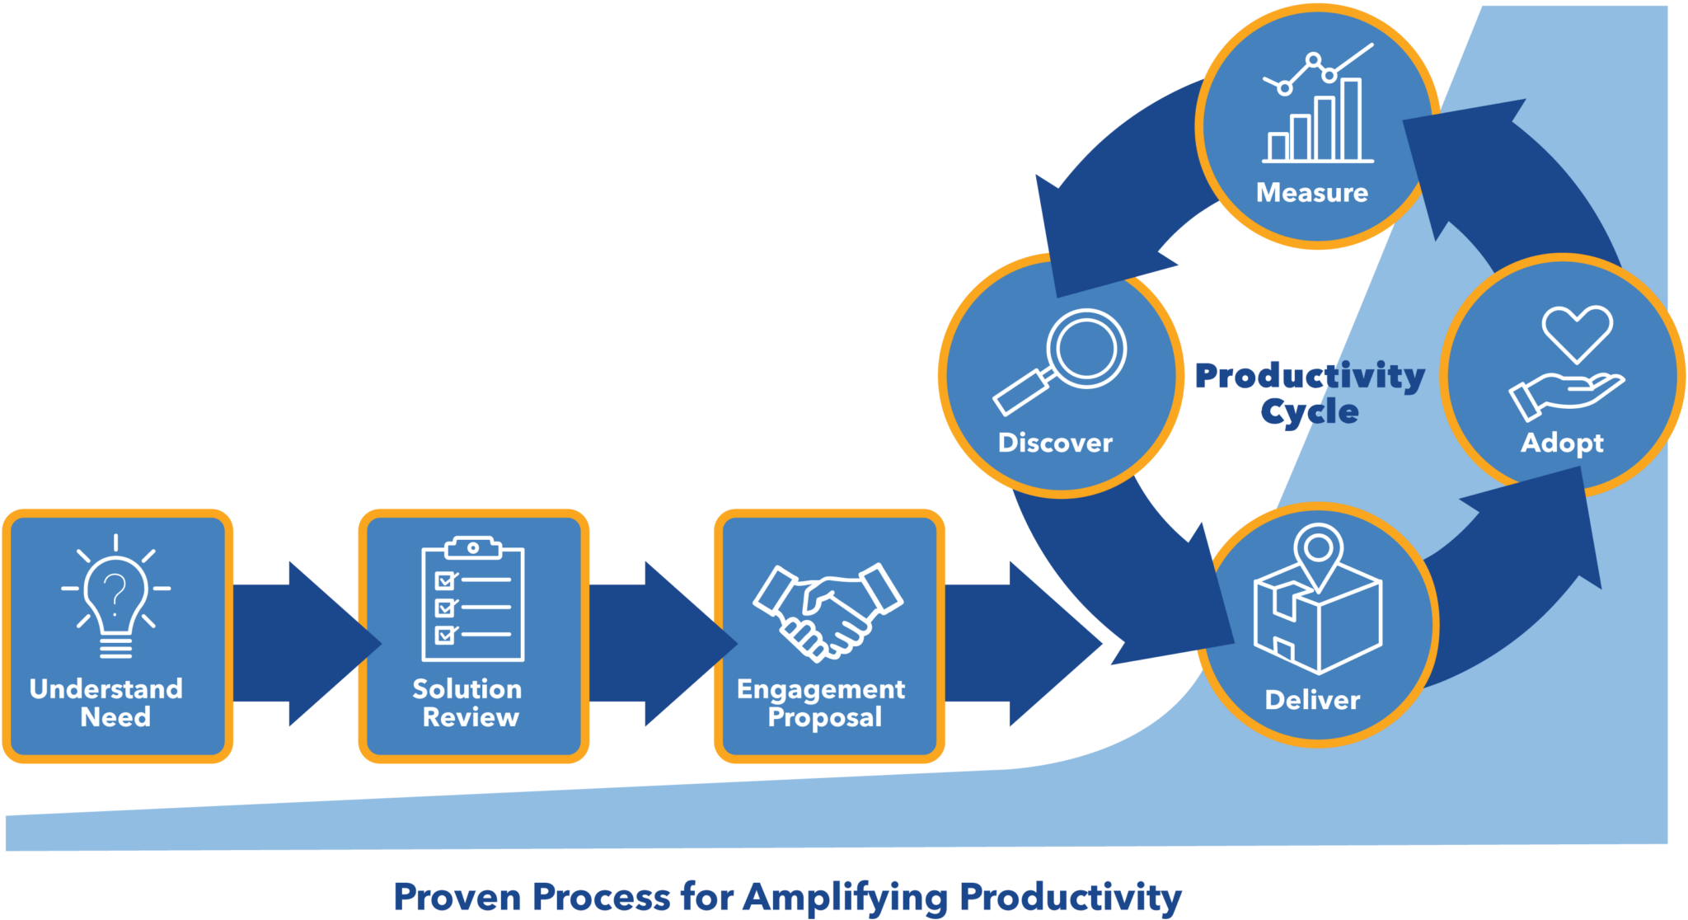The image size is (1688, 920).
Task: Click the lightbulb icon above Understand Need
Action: (x=115, y=597)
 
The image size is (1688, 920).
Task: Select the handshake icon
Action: (x=828, y=609)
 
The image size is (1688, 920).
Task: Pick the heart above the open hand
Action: (x=1577, y=332)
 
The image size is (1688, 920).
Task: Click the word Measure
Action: (x=1311, y=193)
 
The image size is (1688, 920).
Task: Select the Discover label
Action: (x=1055, y=444)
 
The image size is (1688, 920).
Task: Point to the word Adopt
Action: (x=1562, y=444)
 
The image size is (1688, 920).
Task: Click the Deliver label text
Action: (x=1312, y=701)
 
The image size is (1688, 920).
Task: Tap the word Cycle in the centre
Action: (x=1309, y=411)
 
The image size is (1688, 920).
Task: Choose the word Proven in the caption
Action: (x=449, y=898)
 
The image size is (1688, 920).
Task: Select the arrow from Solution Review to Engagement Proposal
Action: (x=659, y=643)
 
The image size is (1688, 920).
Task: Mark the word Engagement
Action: (x=821, y=689)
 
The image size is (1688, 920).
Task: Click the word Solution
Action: (x=467, y=689)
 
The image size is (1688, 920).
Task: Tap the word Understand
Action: (x=106, y=689)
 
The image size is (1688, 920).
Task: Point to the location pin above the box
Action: (x=1318, y=549)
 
